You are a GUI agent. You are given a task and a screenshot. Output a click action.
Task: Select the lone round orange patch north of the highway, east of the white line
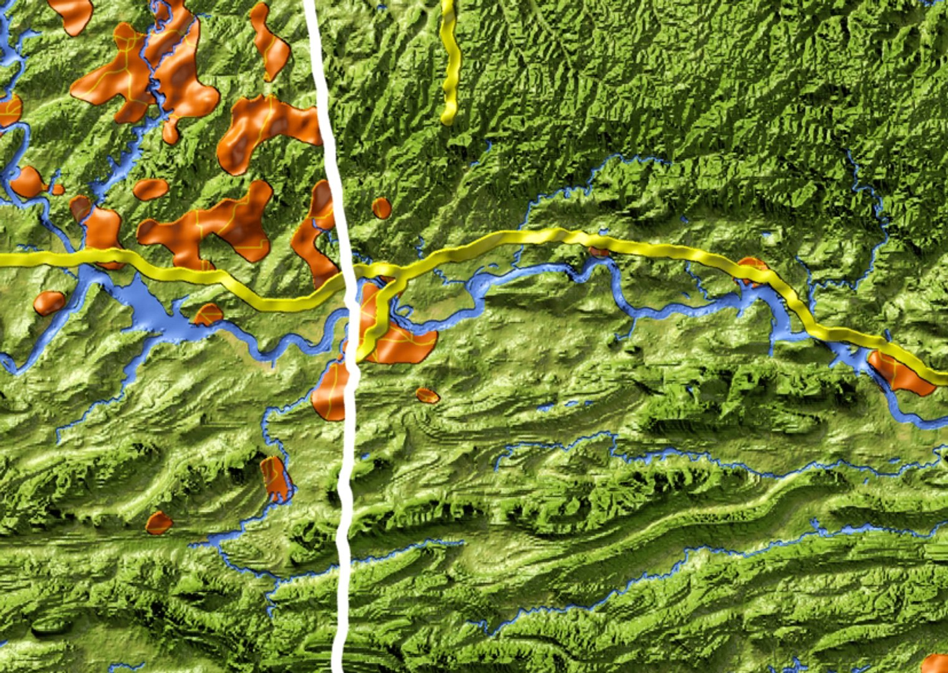[381, 208]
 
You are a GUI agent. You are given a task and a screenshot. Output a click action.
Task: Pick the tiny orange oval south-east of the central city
[428, 395]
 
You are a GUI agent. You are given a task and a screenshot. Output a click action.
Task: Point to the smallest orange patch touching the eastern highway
[599, 252]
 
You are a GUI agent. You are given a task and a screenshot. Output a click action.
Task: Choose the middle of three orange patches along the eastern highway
[753, 270]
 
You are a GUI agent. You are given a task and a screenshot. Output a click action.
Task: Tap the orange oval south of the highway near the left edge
[49, 302]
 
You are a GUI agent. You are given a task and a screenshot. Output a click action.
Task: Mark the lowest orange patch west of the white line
[159, 522]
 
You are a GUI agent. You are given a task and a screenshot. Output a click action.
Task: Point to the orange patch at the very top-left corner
[70, 12]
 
